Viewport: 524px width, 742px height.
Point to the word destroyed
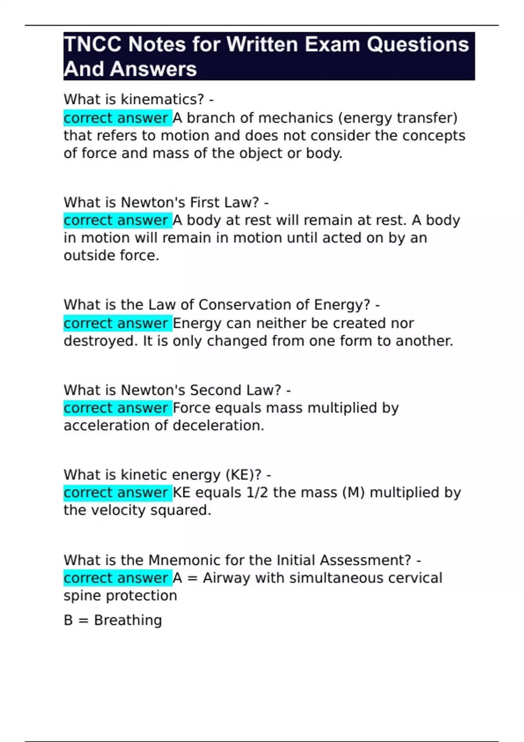(x=100, y=341)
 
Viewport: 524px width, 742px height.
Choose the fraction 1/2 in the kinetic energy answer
(x=258, y=493)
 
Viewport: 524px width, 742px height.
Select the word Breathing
(x=128, y=620)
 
